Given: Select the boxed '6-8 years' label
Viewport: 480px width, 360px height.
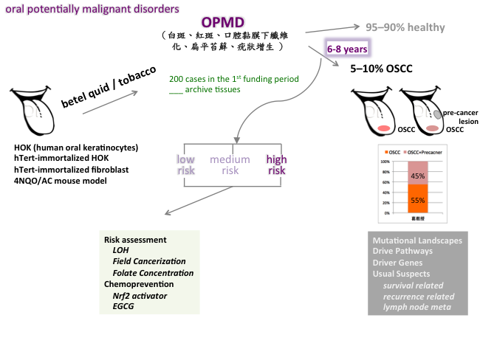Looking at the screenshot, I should point(346,49).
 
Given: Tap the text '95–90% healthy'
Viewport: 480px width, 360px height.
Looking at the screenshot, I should point(406,28).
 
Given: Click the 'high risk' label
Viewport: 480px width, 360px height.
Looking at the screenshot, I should point(276,165).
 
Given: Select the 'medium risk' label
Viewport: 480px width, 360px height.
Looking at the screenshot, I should point(230,165).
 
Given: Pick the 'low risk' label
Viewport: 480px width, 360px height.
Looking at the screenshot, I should point(185,165).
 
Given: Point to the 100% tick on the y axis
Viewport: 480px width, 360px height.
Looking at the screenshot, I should point(384,161).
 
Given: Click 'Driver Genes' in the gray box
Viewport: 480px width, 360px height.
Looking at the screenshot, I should point(398,263).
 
